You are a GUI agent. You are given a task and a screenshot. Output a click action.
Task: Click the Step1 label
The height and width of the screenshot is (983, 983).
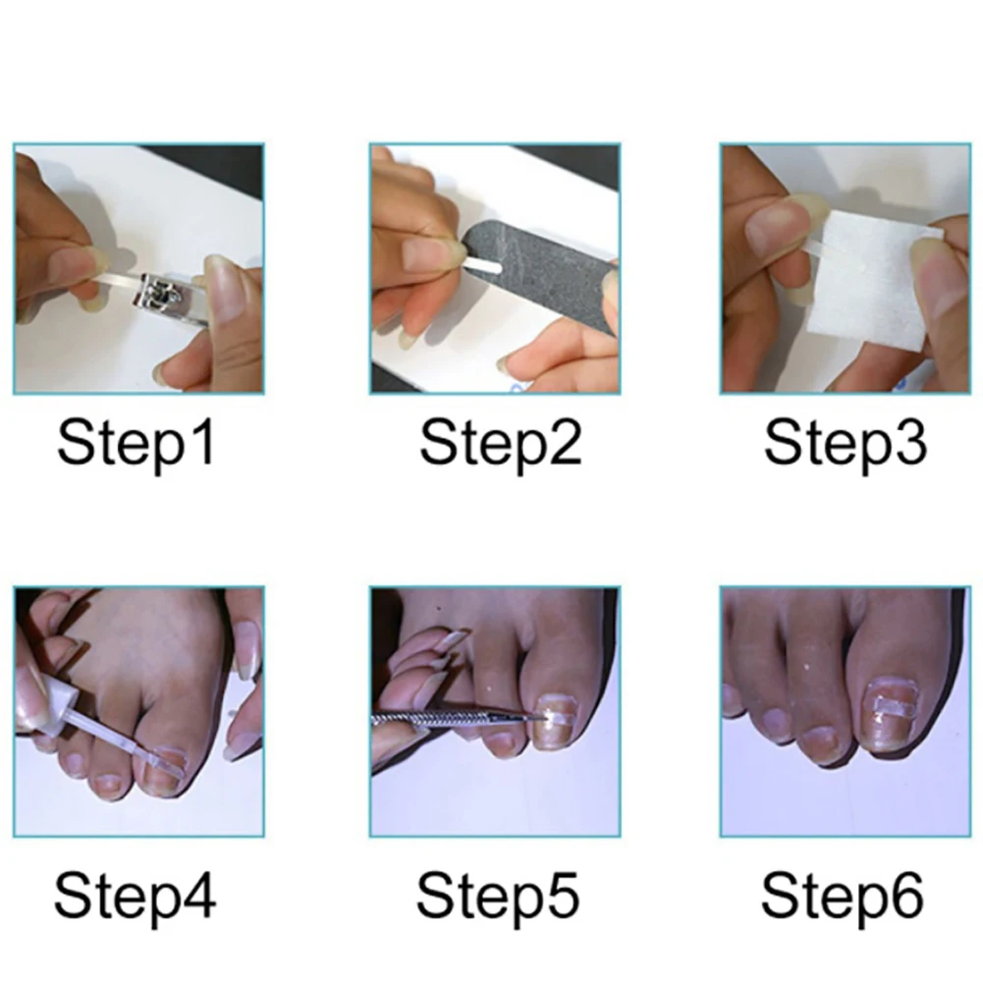click(x=137, y=444)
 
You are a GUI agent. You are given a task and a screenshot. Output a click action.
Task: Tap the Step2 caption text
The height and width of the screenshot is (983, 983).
click(x=500, y=444)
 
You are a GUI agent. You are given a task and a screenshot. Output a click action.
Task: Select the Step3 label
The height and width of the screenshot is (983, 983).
click(x=846, y=444)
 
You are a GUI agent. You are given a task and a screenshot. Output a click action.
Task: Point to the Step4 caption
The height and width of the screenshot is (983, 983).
click(x=135, y=897)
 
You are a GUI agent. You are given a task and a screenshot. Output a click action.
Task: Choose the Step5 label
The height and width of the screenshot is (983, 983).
click(x=498, y=897)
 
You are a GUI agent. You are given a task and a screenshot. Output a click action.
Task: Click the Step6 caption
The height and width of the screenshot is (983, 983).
click(x=842, y=897)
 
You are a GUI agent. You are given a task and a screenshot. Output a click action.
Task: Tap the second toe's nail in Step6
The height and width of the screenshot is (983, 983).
click(x=820, y=744)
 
